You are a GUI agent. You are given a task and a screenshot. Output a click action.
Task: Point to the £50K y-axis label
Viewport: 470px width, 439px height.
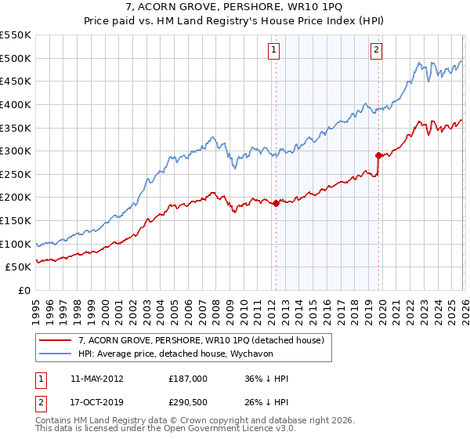[18, 267]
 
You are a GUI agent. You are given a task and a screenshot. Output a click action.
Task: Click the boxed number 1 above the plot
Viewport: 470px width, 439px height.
[275, 50]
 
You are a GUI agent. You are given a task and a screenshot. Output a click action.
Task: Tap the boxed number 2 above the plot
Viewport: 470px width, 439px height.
[377, 50]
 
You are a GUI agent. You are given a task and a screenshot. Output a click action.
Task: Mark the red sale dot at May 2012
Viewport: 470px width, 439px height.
[276, 203]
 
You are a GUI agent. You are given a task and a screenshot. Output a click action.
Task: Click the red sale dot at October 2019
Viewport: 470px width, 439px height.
[378, 155]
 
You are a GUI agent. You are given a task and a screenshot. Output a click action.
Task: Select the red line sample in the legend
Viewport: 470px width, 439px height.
[56, 340]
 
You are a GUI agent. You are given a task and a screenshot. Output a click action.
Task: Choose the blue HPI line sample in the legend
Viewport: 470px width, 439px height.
[56, 354]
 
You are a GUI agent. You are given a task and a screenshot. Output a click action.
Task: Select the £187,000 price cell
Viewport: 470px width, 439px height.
[188, 378]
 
